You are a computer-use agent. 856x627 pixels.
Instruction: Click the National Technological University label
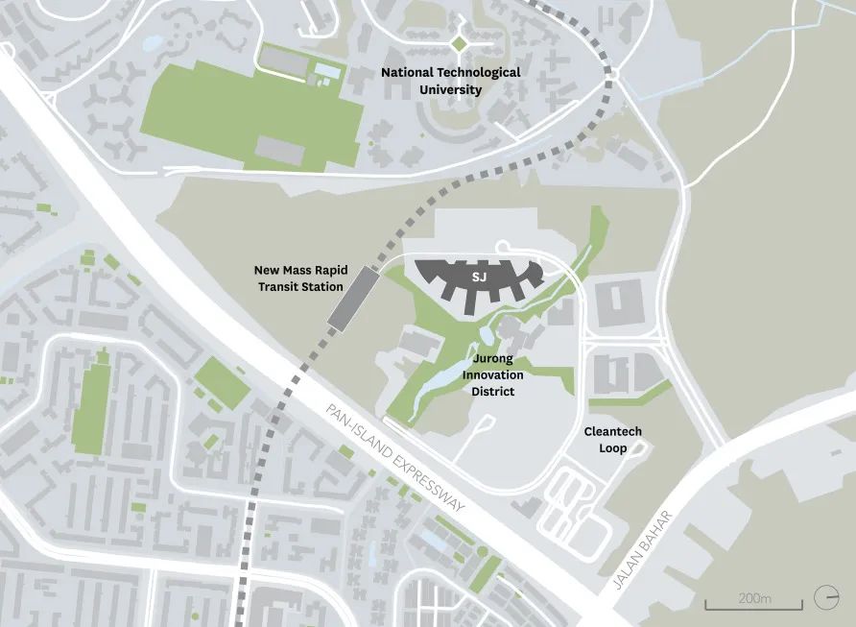tap(450, 81)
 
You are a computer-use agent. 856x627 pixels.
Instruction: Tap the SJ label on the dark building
tap(479, 277)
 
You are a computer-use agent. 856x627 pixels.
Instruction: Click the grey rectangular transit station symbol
tap(350, 299)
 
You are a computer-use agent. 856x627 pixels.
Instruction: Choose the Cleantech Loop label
tap(612, 440)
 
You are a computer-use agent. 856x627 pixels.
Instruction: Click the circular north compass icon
tap(825, 597)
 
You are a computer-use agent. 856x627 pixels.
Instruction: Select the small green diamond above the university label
tap(458, 42)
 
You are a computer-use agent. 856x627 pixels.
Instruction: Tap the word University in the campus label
tap(451, 90)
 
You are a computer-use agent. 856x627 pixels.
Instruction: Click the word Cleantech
tap(612, 432)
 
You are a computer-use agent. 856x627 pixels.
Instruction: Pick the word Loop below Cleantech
tap(612, 448)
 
